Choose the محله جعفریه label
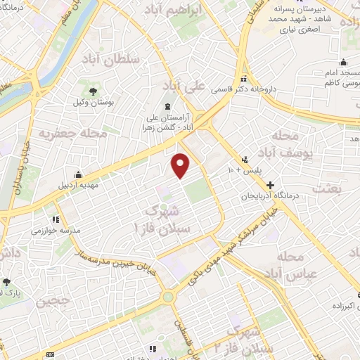[72, 131]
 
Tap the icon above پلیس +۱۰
[244, 159]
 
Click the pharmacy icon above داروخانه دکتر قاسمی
[244, 78]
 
